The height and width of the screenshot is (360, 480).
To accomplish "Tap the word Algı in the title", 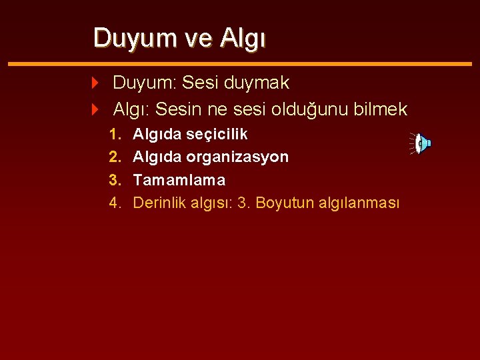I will tap(243, 39).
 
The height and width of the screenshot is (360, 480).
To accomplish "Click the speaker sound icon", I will tap(422, 143).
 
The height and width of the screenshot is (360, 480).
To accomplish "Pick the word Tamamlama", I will tap(179, 180).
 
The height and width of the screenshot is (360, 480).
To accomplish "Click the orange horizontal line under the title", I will tap(240, 63).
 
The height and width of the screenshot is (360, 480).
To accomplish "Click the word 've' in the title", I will tap(197, 39).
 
